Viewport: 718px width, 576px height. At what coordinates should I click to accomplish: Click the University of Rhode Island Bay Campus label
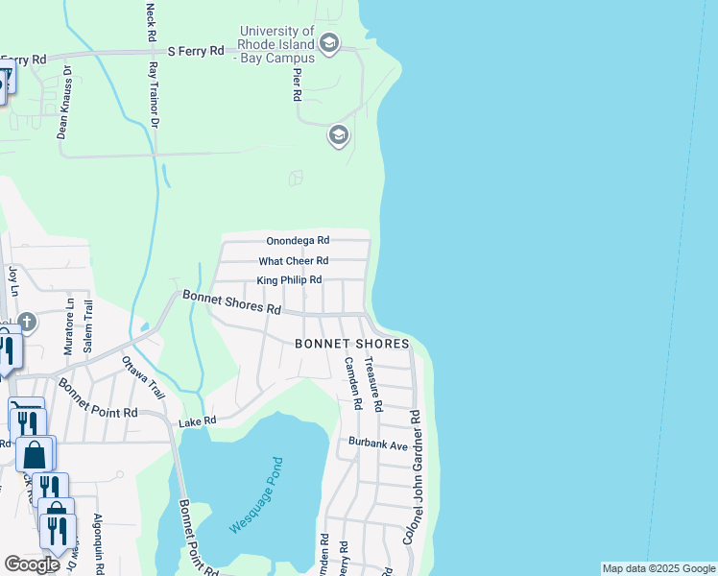click(x=277, y=44)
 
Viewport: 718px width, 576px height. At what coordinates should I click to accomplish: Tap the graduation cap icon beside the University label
click(x=329, y=43)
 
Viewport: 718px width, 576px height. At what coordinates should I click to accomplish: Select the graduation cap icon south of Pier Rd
click(x=338, y=135)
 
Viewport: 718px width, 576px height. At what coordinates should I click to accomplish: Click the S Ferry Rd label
click(x=195, y=50)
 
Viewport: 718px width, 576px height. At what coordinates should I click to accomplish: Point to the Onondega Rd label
click(x=298, y=240)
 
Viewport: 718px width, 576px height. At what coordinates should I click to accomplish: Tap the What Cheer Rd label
click(x=294, y=260)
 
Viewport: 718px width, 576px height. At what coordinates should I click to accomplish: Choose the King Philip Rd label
click(x=288, y=280)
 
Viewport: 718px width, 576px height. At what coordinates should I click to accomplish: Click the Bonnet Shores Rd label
click(x=232, y=303)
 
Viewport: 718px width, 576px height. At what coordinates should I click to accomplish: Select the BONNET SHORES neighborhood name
click(x=352, y=344)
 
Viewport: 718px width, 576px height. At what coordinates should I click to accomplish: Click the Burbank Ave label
click(x=378, y=445)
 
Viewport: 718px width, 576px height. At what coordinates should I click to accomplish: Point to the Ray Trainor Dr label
click(x=153, y=96)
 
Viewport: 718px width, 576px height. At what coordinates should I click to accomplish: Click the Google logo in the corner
click(x=32, y=564)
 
